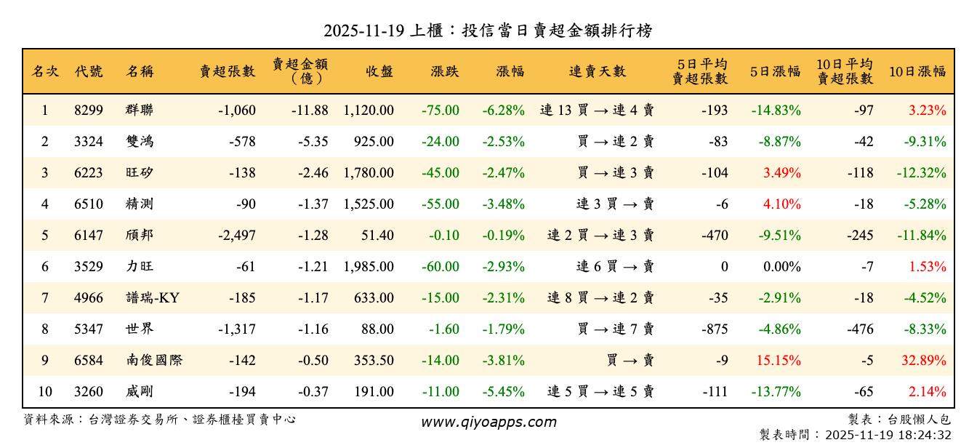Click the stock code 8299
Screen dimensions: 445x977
click(x=89, y=111)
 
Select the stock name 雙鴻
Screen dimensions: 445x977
click(x=140, y=142)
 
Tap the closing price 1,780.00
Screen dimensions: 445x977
click(x=369, y=173)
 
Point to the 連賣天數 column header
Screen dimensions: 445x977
click(x=597, y=71)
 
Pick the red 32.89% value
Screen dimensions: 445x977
click(x=927, y=361)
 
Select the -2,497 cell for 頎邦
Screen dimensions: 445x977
click(x=236, y=236)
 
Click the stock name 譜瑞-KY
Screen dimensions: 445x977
click(x=152, y=298)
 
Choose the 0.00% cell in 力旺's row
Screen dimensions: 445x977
click(x=781, y=267)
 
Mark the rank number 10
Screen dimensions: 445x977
click(x=45, y=392)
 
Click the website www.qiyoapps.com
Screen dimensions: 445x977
click(x=488, y=422)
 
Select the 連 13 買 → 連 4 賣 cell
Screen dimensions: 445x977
click(x=597, y=111)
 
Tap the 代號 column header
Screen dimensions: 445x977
click(x=89, y=71)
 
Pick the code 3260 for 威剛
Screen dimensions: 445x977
click(x=89, y=392)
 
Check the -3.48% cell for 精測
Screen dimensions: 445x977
click(x=502, y=204)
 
